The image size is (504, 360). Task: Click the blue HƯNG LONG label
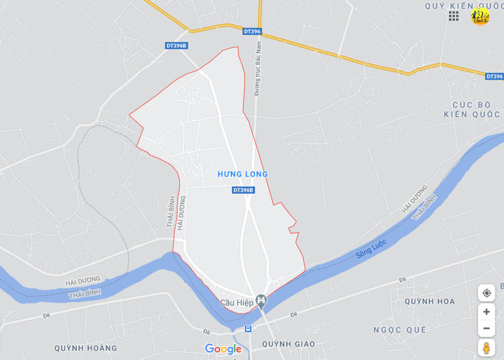243,174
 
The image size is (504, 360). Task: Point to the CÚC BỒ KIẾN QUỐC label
472,109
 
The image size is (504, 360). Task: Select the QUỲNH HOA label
429,301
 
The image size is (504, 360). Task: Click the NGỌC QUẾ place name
399,329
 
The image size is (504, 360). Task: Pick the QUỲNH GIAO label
288,344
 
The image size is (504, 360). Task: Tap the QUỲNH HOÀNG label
85,348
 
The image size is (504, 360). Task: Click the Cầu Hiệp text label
237,303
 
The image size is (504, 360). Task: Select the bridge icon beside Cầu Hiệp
261,302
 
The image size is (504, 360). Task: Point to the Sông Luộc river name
372,249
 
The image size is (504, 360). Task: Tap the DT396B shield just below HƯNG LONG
243,190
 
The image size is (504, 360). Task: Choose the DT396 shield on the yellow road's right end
494,76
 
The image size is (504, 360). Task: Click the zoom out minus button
487,328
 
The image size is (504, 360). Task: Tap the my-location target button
487,293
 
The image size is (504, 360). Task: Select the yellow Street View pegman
487,348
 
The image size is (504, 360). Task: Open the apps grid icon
454,16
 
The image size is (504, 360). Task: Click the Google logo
223,349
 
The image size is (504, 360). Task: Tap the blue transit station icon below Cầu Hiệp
248,328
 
